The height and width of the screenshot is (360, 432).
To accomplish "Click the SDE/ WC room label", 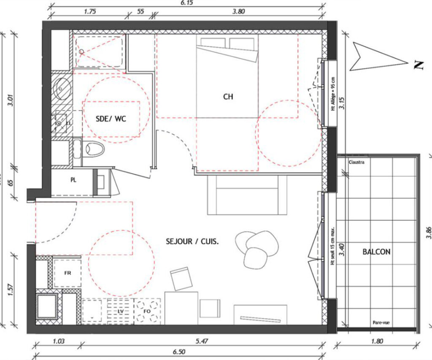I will click(x=111, y=119).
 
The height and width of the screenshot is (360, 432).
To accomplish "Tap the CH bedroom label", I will click(x=228, y=97).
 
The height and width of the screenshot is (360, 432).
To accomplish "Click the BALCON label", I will click(x=376, y=252).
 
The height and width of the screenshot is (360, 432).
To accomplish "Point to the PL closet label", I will click(x=73, y=180).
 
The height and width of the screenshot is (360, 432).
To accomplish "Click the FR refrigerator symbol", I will click(x=67, y=273).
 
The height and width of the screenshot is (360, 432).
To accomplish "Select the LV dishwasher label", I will click(x=120, y=311).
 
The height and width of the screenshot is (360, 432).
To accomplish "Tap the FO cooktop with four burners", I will click(x=147, y=311).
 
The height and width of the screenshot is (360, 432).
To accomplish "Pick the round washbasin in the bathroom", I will click(x=62, y=88).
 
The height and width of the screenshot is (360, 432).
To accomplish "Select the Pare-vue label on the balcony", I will click(x=381, y=323).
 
